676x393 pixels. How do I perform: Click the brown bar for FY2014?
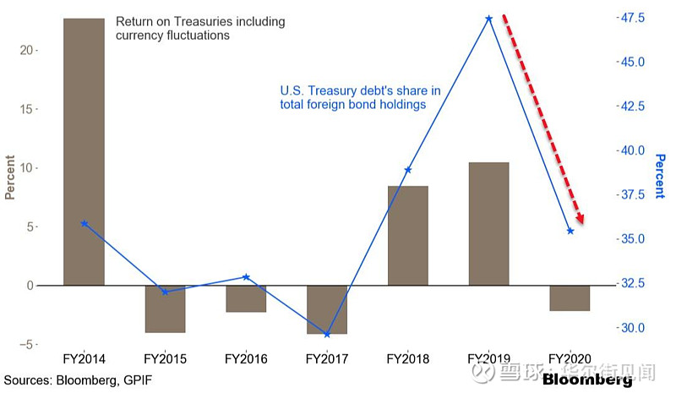(84, 152)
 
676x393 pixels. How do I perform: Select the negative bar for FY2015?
(165, 308)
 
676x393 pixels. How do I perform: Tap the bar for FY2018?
(408, 236)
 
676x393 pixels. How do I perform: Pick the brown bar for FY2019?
(489, 224)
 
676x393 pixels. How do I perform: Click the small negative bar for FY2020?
(570, 298)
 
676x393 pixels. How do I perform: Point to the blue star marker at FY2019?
(489, 18)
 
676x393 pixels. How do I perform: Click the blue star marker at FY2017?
(327, 335)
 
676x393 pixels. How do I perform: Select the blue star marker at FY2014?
(84, 224)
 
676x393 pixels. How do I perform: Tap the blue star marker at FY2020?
(570, 231)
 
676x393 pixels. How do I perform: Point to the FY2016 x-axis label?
(246, 359)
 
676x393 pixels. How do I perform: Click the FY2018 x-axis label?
(408, 359)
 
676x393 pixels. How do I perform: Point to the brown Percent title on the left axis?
(10, 178)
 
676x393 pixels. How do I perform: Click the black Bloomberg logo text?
(591, 379)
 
